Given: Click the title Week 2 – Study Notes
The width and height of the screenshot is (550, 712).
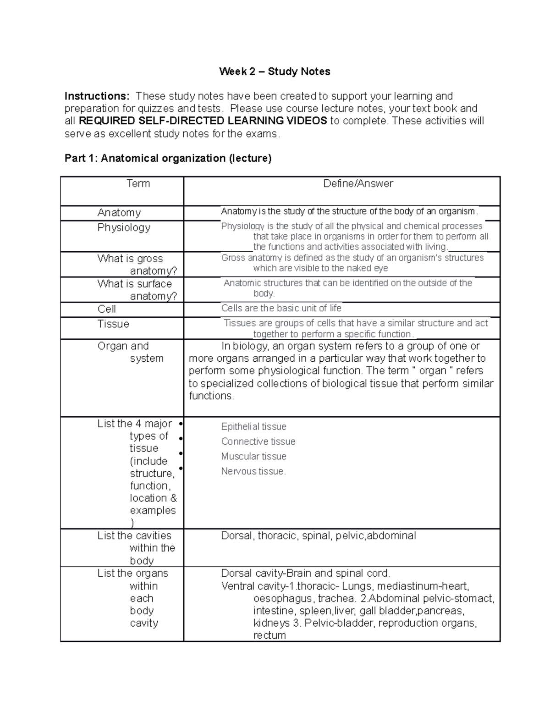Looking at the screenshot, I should coord(275,72).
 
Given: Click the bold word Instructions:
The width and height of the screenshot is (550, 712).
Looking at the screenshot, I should coord(97,96).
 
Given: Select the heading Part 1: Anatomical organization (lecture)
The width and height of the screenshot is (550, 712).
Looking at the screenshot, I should coord(168,159).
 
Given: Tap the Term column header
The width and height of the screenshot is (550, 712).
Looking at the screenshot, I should coord(138,184).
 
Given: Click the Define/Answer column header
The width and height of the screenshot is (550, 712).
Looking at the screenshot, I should coord(358,184).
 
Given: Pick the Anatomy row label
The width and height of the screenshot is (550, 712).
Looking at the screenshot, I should coord(119,213).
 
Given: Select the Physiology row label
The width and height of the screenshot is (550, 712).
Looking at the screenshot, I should coord(124,228).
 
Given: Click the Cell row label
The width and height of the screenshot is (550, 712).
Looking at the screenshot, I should coord(106,309).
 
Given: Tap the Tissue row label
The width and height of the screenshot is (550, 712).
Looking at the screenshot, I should coord(113,324).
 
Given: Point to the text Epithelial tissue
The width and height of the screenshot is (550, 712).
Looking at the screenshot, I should coord(253,427).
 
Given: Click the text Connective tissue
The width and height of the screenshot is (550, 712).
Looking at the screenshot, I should coord(258,442).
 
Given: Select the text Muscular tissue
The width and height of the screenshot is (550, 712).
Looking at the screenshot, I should coord(253,457).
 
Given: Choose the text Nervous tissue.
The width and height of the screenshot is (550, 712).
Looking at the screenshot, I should coord(253,471).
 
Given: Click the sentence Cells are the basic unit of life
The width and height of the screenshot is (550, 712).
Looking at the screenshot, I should coord(281,309).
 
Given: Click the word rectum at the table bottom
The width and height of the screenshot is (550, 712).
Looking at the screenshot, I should coord(269,636).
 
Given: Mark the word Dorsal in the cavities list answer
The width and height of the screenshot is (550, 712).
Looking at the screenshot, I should coord(236,536).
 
